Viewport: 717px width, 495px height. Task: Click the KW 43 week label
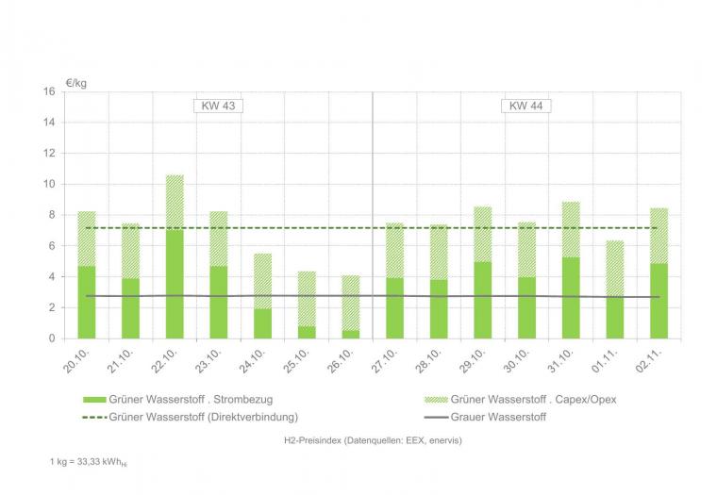(218, 106)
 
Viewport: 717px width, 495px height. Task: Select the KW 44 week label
(525, 106)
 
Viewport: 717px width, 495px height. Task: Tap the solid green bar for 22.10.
(175, 283)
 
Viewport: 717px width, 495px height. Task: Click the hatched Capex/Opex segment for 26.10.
(351, 302)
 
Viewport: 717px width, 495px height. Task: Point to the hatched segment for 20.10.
(86, 239)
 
